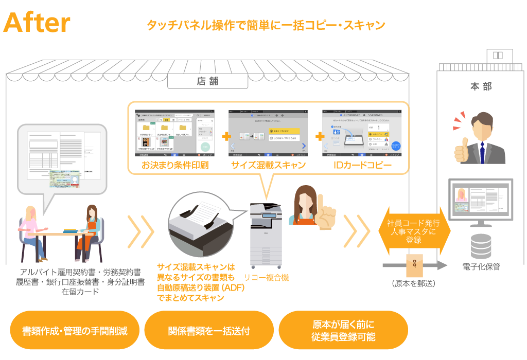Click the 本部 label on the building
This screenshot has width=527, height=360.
point(480,86)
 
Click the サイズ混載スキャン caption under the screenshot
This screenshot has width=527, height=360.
point(268,165)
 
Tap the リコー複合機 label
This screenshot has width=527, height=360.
point(266,278)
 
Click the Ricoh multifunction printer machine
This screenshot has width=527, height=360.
point(266,237)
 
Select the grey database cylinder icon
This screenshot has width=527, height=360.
point(481,246)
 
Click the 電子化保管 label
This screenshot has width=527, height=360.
point(481,267)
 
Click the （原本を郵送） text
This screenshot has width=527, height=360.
point(413,283)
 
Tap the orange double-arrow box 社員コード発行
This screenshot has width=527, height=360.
point(414,231)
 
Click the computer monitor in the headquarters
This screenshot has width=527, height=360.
point(481,201)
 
